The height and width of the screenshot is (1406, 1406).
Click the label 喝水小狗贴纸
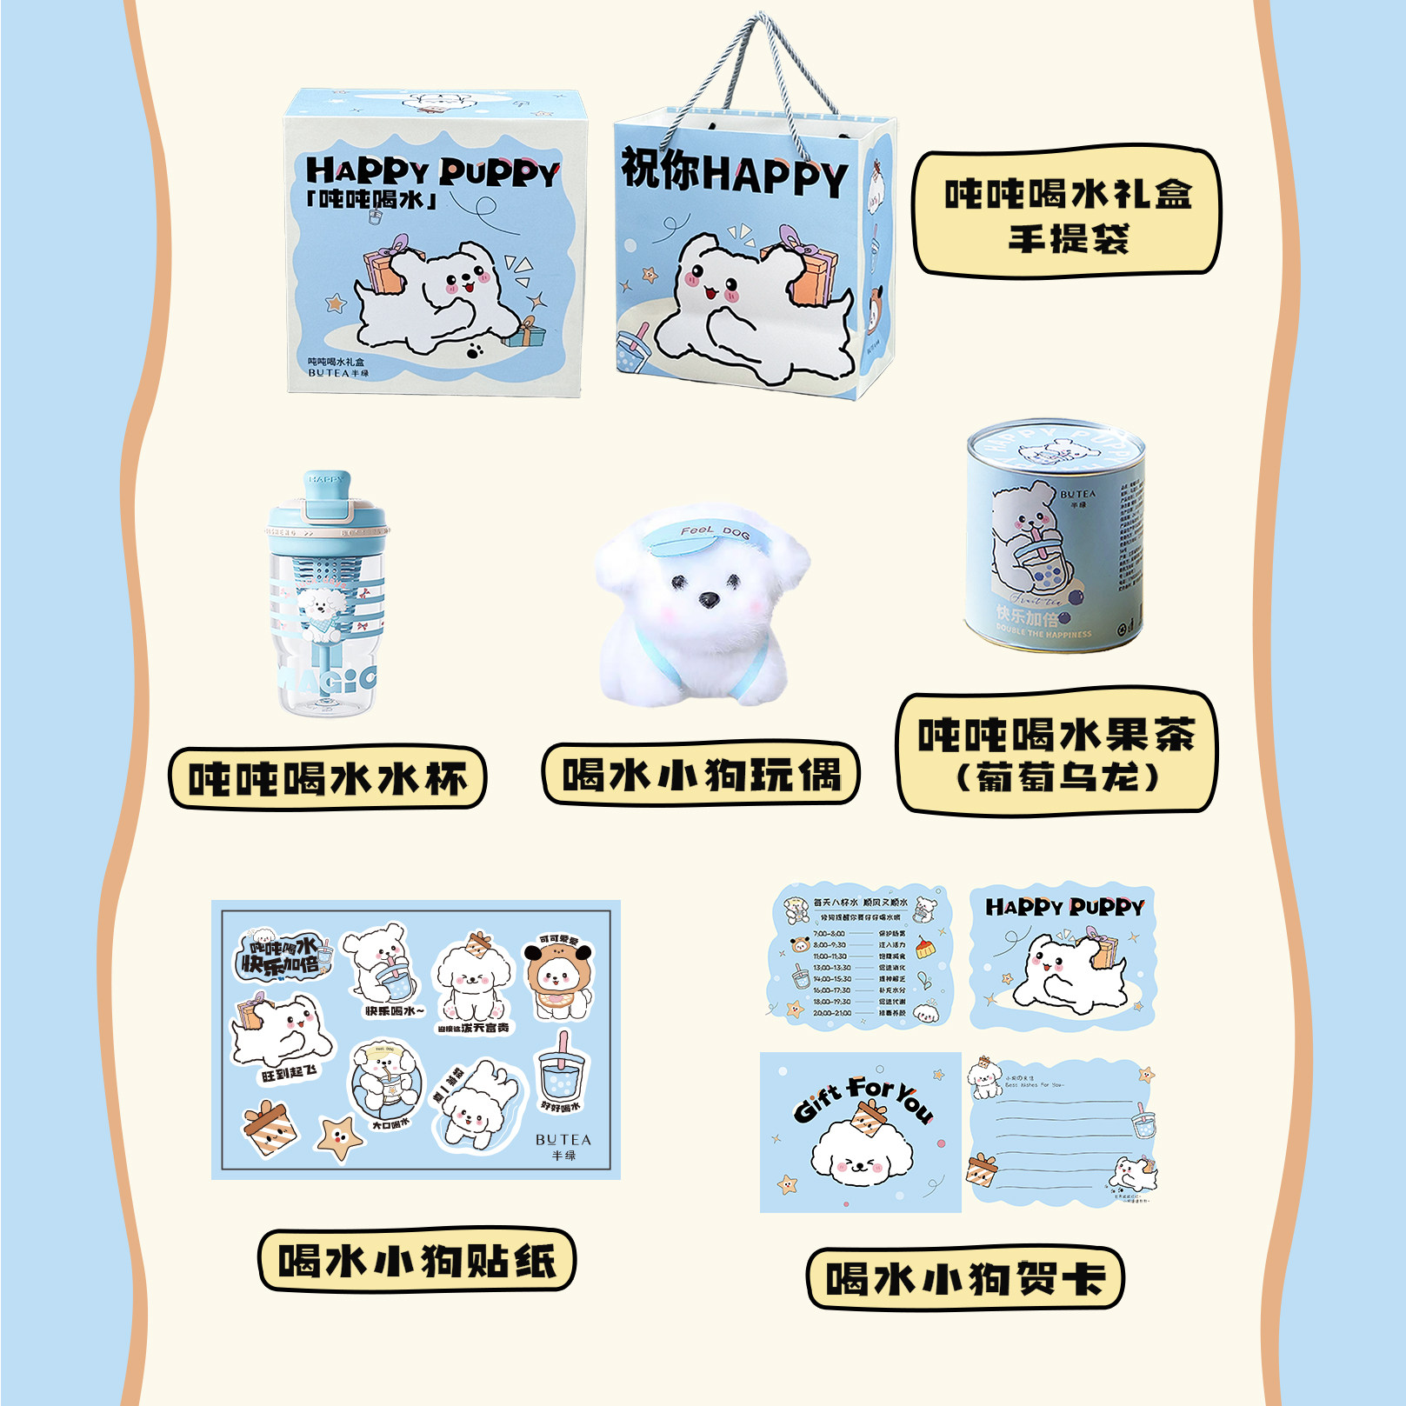pyautogui.click(x=416, y=1261)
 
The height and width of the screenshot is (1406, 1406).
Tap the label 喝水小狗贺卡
pyautogui.click(x=964, y=1278)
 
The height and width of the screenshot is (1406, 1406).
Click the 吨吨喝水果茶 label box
pyautogui.click(x=1056, y=754)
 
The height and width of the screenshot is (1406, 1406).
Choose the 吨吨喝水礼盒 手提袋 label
pyautogui.click(x=1067, y=213)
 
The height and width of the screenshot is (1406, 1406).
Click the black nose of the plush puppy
pyautogui.click(x=710, y=600)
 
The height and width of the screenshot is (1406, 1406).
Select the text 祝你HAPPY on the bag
pyautogui.click(x=733, y=171)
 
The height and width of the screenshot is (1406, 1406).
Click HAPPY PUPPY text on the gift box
pyautogui.click(x=432, y=171)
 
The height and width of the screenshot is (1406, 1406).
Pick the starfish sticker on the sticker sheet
pyautogui.click(x=337, y=1136)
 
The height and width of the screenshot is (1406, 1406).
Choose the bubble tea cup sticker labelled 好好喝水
pyautogui.click(x=562, y=1071)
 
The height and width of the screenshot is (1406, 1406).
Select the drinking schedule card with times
pyautogui.click(x=860, y=956)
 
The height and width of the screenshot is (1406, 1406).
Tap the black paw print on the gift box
pyautogui.click(x=475, y=351)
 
